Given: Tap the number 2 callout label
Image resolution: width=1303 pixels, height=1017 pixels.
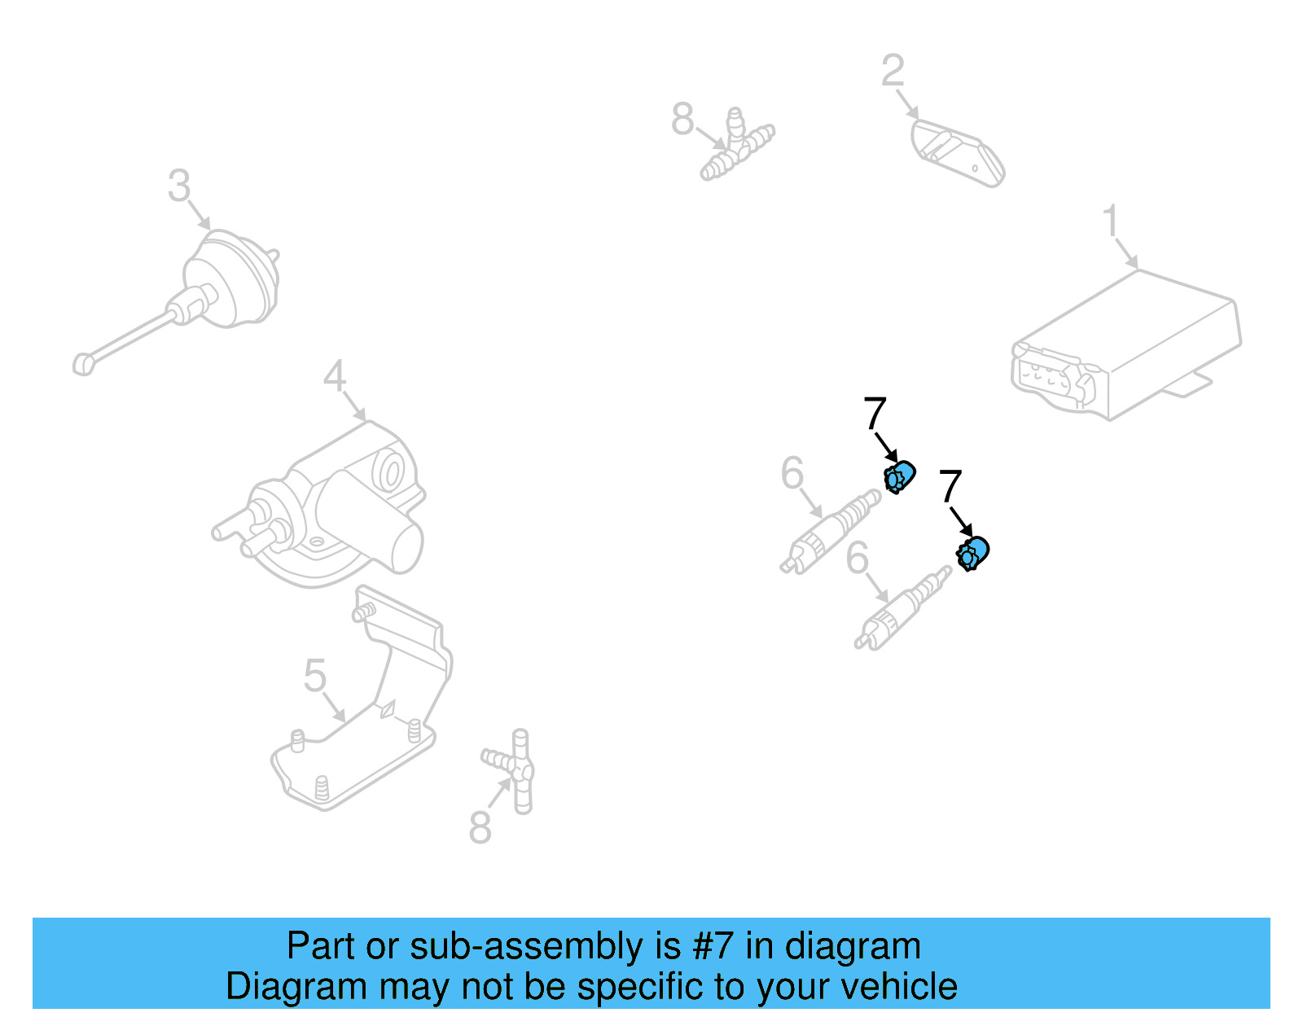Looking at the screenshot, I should point(892,71).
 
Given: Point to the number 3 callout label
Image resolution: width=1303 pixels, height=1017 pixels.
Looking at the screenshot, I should point(179,186).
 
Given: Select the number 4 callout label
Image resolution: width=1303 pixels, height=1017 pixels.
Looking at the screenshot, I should point(335,376).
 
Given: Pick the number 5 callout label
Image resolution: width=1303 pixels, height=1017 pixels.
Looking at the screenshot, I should point(314,676).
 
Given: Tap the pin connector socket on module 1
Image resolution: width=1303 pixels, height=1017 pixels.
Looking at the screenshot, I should point(1051,376).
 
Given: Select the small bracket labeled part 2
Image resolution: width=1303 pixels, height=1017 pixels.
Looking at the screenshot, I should point(957,152).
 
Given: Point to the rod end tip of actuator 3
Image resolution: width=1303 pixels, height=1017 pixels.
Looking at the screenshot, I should point(83,364).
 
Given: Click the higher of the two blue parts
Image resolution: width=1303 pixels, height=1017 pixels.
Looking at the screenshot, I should point(899,476).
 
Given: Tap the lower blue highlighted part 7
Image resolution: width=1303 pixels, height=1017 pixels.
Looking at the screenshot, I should point(972,554).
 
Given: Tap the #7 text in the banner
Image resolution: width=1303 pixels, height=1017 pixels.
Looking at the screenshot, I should point(713,947).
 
